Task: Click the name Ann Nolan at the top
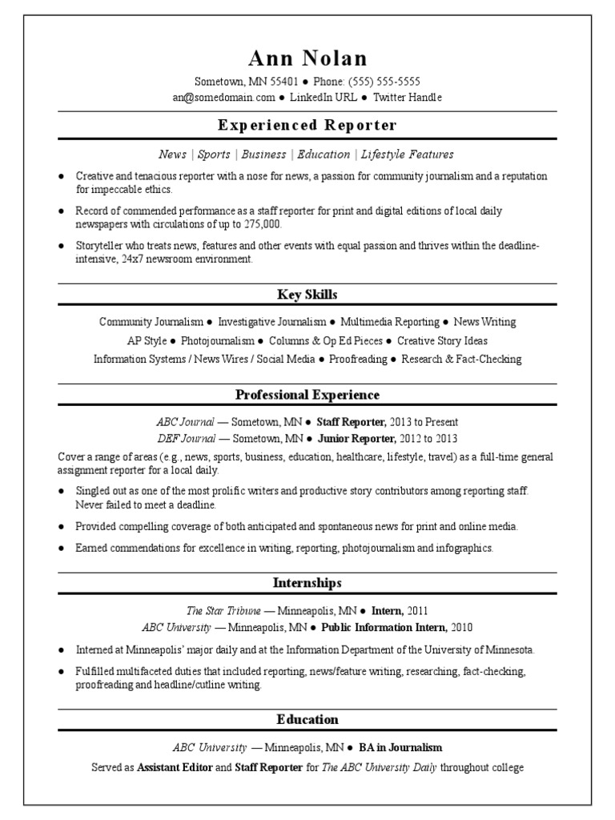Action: (x=307, y=58)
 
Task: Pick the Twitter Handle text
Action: (x=407, y=97)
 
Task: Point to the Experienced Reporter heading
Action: (x=307, y=125)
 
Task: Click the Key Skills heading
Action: (x=307, y=295)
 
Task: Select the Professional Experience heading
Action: (x=307, y=395)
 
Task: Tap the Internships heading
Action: (x=307, y=583)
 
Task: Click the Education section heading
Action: (x=307, y=719)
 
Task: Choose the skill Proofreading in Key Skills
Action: (x=357, y=359)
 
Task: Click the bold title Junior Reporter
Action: (x=356, y=438)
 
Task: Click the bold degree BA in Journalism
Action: (x=400, y=748)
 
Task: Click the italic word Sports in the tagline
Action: (x=214, y=155)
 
